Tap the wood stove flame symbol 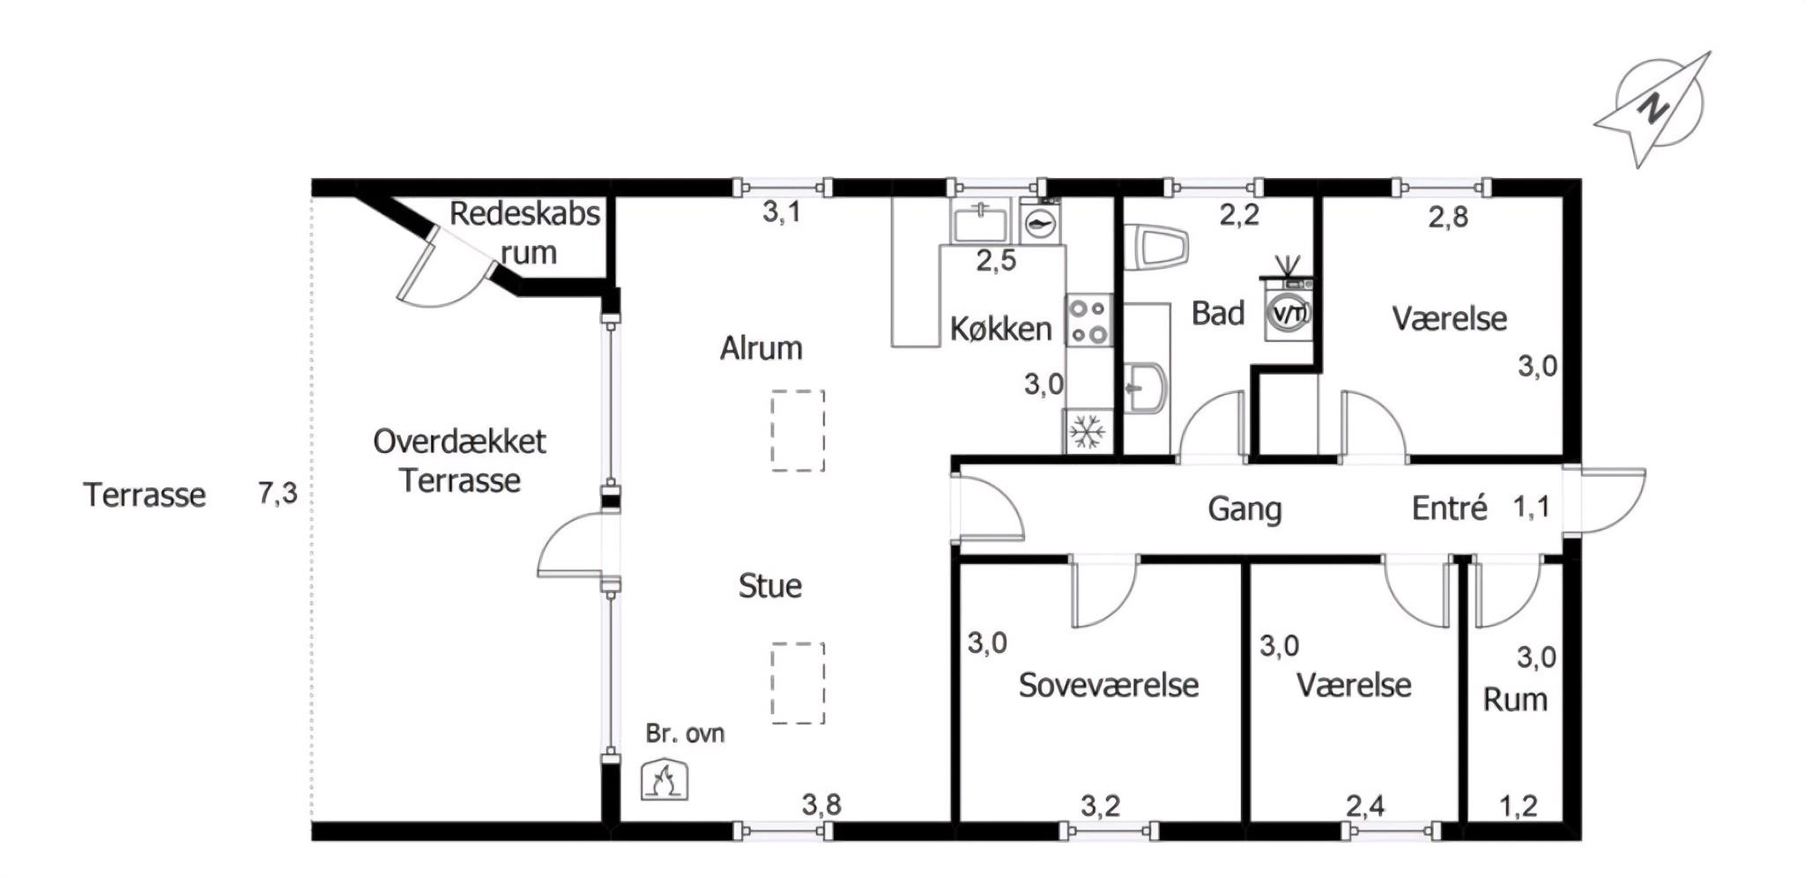665,780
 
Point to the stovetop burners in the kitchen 1089,321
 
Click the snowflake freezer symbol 1088,432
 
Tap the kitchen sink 979,219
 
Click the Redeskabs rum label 525,233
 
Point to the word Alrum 761,348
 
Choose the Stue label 770,586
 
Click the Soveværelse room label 1109,685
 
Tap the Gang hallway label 1244,509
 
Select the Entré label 1450,508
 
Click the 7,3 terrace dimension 278,494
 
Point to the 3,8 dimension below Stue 821,805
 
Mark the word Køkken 1001,329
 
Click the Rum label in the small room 1515,700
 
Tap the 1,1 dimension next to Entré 1531,507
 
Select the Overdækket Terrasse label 459,461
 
